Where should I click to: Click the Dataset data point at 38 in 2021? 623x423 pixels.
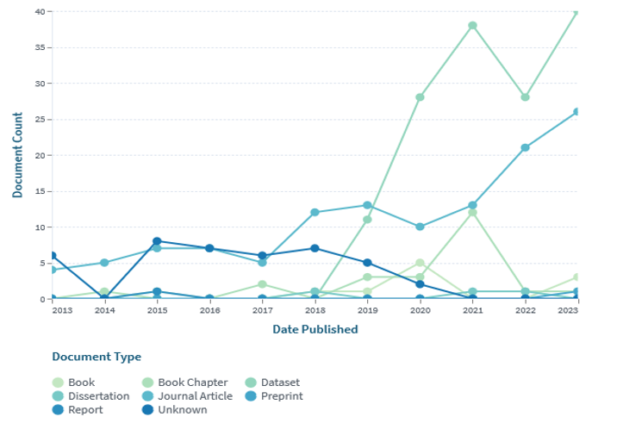pyautogui.click(x=472, y=26)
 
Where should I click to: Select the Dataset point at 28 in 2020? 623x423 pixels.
pyautogui.click(x=420, y=97)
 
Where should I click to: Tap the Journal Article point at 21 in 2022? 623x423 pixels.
pyautogui.click(x=525, y=148)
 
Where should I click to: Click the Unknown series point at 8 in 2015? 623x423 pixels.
pyautogui.click(x=157, y=241)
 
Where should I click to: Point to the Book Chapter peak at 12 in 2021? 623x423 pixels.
pyautogui.click(x=472, y=213)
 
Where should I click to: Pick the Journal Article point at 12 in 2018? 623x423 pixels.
pyautogui.click(x=315, y=213)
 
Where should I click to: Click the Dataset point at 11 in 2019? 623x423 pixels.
pyautogui.click(x=367, y=220)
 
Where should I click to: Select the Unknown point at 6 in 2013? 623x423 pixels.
pyautogui.click(x=53, y=256)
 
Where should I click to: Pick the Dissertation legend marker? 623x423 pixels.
pyautogui.click(x=58, y=396)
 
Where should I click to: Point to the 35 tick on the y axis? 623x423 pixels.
pyautogui.click(x=40, y=47)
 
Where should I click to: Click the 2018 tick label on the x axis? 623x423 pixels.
pyautogui.click(x=315, y=310)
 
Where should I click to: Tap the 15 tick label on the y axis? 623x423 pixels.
pyautogui.click(x=40, y=191)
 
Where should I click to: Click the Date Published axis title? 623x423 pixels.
pyautogui.click(x=315, y=329)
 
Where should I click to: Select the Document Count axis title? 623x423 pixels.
pyautogui.click(x=17, y=155)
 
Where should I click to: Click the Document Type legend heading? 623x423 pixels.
pyautogui.click(x=97, y=357)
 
